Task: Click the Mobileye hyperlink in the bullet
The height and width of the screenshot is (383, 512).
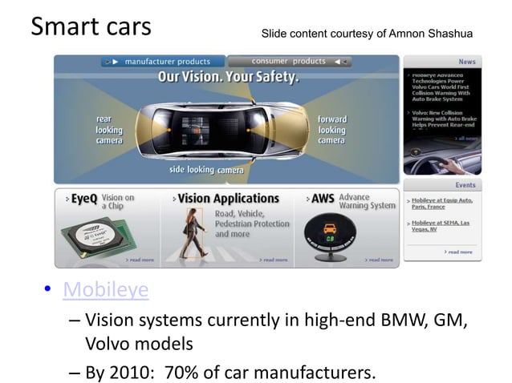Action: click(x=106, y=289)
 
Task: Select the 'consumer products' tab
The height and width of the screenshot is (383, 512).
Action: click(x=292, y=62)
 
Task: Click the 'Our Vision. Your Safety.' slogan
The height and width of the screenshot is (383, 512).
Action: click(x=228, y=78)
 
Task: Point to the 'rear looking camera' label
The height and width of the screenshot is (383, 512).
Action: click(x=109, y=130)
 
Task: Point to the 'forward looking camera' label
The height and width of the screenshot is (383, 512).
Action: click(x=331, y=130)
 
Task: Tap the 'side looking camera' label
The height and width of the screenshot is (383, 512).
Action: click(x=206, y=170)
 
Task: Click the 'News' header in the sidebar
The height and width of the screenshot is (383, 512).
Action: click(x=466, y=62)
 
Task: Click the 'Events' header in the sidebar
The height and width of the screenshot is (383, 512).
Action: click(x=465, y=185)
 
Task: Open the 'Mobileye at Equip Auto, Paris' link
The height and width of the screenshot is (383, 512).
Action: click(x=441, y=204)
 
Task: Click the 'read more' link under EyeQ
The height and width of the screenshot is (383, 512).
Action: click(x=140, y=260)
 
